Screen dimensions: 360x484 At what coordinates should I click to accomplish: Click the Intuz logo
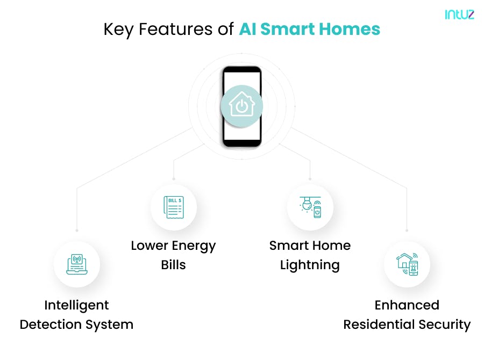click(459, 15)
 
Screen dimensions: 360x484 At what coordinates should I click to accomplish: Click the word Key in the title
click(118, 30)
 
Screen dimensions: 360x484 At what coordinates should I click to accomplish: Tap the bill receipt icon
click(173, 207)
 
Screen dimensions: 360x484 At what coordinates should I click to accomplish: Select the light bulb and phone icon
click(310, 207)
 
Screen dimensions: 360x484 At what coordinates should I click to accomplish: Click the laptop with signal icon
click(76, 265)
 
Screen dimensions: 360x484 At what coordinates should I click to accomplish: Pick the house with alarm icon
click(407, 264)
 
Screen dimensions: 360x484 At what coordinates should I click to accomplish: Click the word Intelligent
click(76, 305)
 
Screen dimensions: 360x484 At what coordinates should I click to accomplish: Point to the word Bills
click(173, 265)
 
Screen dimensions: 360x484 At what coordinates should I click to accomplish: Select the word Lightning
click(310, 265)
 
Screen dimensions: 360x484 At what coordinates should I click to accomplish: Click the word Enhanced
click(407, 305)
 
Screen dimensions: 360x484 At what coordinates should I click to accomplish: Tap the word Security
click(444, 325)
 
